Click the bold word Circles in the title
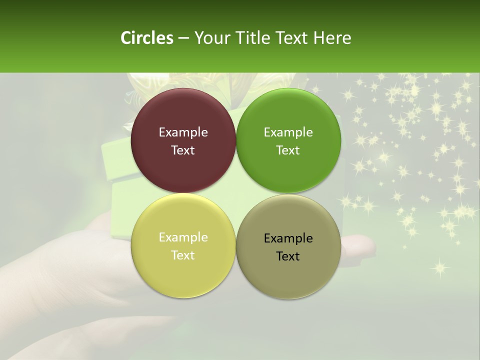coord(146,38)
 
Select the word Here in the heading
coord(332,38)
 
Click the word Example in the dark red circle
coord(183,132)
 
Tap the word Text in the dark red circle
coord(183,150)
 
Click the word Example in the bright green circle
coord(288,132)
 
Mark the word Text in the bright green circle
coord(288,150)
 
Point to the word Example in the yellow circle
coord(183,237)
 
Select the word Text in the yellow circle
coord(183,255)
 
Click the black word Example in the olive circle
coord(288,238)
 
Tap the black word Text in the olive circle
coord(288,256)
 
